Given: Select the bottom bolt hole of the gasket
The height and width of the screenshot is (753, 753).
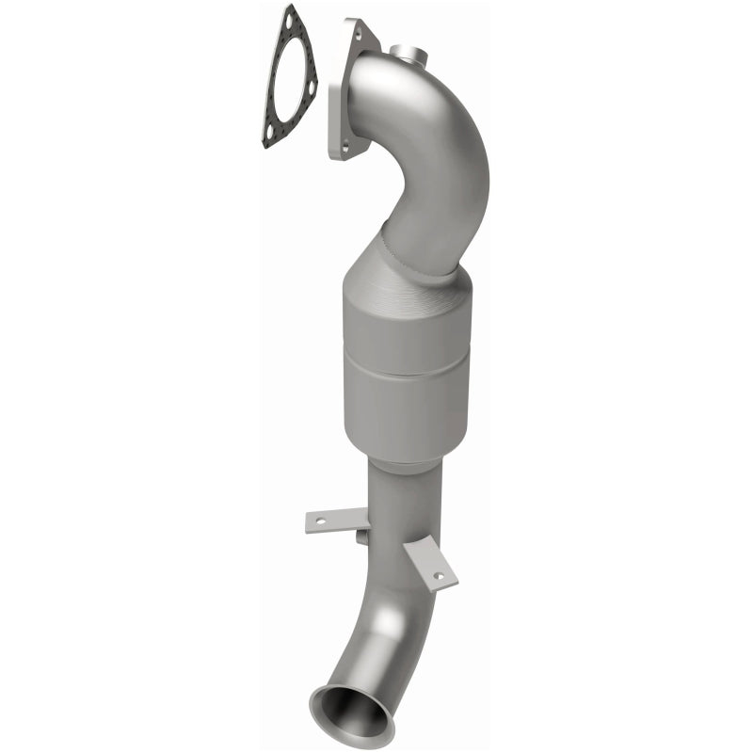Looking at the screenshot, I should (268, 137).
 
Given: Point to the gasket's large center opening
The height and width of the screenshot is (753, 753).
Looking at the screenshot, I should (287, 80).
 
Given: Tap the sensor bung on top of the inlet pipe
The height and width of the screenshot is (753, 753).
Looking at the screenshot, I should (409, 53).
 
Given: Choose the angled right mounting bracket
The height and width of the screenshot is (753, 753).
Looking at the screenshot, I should (431, 565).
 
